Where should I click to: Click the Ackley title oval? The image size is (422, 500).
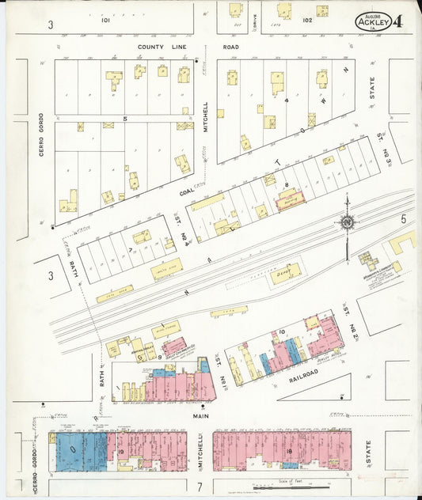371,21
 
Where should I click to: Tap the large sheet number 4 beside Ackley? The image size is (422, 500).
397,21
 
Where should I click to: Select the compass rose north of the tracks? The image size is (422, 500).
347,223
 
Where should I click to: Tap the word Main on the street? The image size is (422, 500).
199,413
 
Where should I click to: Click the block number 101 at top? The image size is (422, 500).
105,21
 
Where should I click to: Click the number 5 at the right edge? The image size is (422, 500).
403,218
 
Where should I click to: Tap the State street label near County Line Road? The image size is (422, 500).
371,88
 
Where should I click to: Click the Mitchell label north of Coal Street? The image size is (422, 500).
205,116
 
